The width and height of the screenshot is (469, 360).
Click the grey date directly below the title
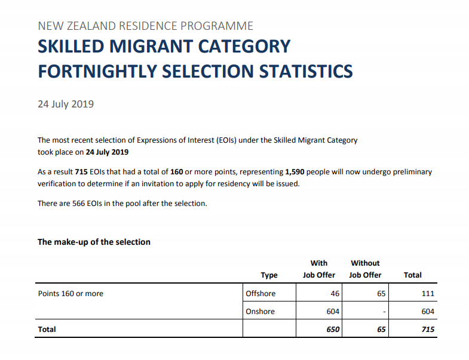pos(66,104)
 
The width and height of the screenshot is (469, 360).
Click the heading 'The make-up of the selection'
pos(94,242)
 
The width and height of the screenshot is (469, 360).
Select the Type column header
pos(269,275)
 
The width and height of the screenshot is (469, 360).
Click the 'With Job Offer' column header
pos(318,269)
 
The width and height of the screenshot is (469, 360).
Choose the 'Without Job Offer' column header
pos(365,269)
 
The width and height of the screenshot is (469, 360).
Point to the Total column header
pos(413,275)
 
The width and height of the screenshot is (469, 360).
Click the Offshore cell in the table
pos(260,294)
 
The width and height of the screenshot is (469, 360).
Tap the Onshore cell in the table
pos(260,312)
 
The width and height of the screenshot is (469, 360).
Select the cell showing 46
pos(335,294)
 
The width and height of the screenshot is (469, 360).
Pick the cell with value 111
pos(427,294)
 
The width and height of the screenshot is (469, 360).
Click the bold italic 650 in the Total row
pos(333,330)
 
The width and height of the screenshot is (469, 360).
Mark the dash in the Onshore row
pos(385,312)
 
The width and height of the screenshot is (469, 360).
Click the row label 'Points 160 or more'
pos(70,294)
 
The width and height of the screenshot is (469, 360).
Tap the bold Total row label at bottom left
pos(47,330)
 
